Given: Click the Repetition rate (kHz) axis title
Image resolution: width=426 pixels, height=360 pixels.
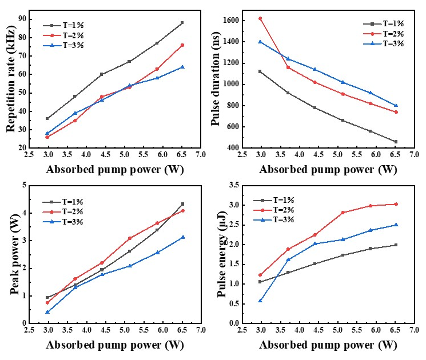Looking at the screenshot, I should [11, 82].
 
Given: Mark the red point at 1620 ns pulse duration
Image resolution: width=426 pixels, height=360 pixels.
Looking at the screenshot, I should [260, 18].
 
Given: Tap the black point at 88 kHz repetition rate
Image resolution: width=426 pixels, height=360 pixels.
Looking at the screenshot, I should [182, 23].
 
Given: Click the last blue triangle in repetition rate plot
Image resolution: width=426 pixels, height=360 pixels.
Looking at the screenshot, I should [182, 67].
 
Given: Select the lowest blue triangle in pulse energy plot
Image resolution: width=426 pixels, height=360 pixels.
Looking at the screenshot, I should [260, 300].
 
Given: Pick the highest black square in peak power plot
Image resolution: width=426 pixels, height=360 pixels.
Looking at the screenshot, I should [182, 204].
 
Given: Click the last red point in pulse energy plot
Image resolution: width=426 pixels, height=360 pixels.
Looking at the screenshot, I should [396, 204].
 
